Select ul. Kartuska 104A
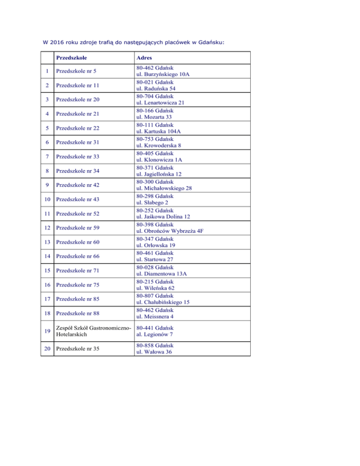pyautogui.click(x=162, y=132)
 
